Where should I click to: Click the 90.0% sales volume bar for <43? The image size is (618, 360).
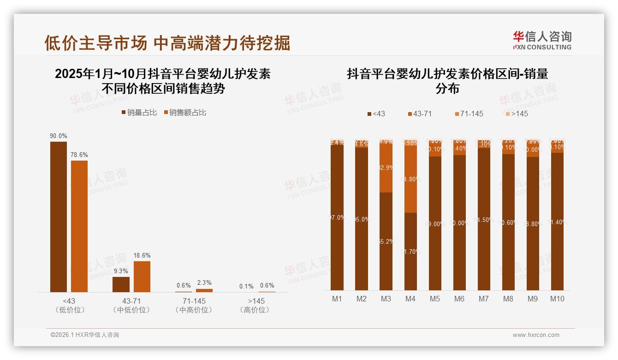tap(59, 216)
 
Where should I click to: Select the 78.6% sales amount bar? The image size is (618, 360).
tap(79, 226)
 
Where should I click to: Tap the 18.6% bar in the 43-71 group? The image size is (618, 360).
tap(142, 276)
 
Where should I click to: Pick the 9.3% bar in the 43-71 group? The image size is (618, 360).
tap(121, 284)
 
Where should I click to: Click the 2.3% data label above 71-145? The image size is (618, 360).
tap(204, 282)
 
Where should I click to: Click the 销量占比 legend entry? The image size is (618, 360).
tap(139, 112)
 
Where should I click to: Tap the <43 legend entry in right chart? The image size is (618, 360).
tap(376, 114)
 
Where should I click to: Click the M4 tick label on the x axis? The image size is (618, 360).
tap(410, 299)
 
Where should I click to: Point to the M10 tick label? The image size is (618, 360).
tap(557, 299)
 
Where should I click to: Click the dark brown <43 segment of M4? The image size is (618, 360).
tap(410, 251)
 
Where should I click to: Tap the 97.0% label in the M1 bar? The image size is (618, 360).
tap(337, 217)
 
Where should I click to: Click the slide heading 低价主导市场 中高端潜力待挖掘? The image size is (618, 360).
tap(167, 43)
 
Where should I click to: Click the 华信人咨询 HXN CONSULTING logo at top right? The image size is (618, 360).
tap(542, 41)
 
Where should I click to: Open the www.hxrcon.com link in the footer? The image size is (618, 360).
tap(536, 335)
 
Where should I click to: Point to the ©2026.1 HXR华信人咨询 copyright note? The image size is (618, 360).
tap(85, 335)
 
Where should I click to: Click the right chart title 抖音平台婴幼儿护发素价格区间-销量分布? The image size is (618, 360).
tap(447, 81)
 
